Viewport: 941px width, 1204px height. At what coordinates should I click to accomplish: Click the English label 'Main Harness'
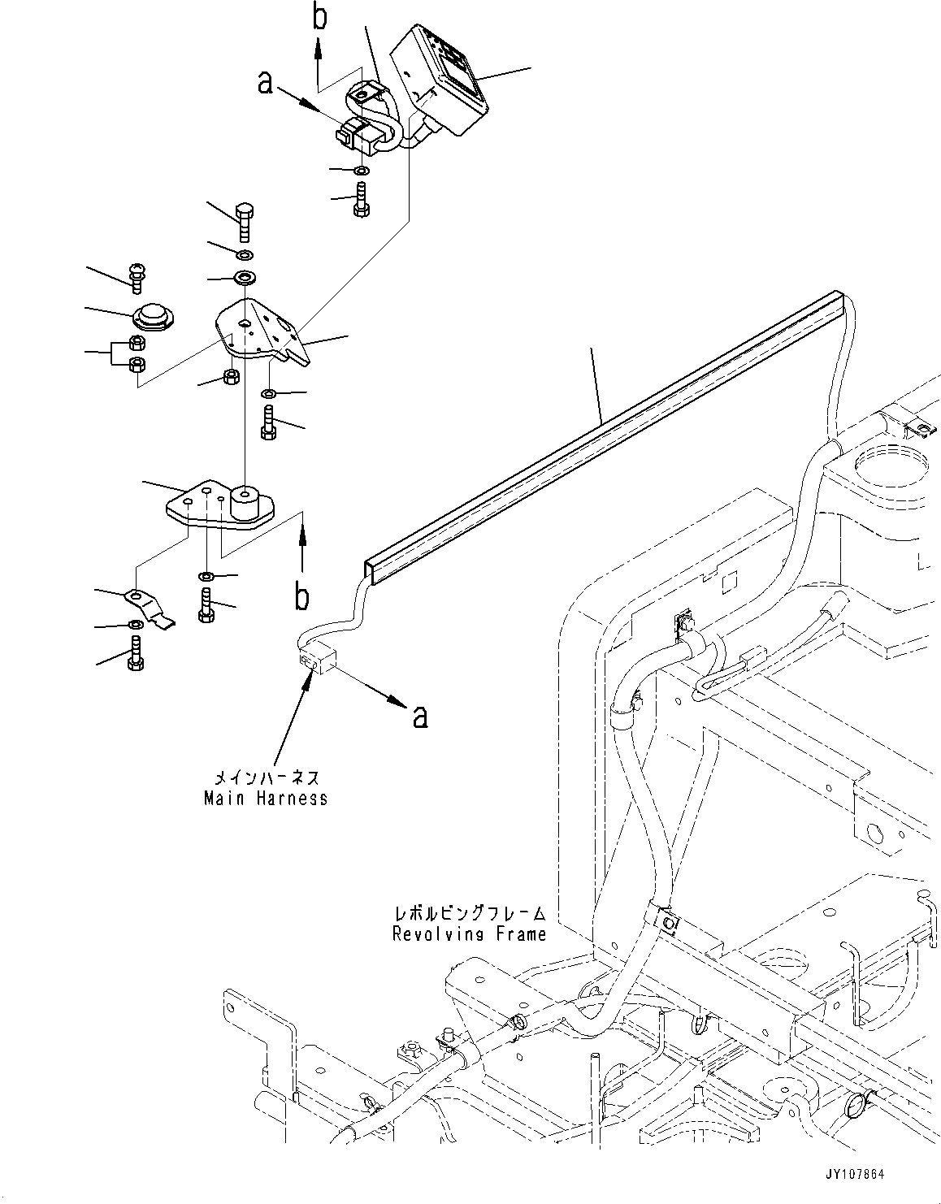pos(266,799)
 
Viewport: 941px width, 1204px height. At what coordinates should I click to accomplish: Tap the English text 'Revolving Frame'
pos(469,934)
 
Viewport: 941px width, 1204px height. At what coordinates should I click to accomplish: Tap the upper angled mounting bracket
pos(260,333)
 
